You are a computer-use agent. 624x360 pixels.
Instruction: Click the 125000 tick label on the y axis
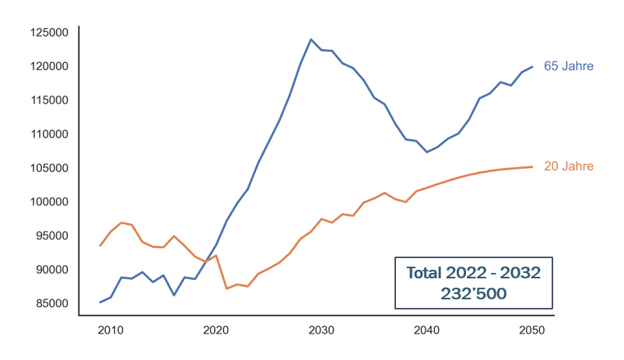pos(50,33)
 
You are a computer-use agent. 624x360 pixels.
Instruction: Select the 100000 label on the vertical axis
pos(50,202)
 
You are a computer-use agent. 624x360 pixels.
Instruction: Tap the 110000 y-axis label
pos(50,135)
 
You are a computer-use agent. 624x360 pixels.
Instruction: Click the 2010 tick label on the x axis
pos(110,330)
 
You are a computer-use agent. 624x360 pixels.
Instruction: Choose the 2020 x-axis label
pos(216,330)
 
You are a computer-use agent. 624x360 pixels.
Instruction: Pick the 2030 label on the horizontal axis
pos(321,330)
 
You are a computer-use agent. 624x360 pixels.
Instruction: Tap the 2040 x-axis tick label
pos(427,330)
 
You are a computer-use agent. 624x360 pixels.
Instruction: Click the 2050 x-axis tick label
pos(532,330)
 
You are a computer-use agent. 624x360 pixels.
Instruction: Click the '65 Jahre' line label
pos(568,67)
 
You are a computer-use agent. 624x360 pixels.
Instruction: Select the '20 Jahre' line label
pos(568,166)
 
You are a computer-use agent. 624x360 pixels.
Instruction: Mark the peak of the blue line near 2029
pos(311,39)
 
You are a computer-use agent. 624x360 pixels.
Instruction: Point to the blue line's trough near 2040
pos(426,152)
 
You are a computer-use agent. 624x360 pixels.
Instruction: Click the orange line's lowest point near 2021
pos(226,288)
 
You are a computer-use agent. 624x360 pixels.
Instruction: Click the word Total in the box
pos(426,273)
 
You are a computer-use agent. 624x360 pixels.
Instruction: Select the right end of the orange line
pos(532,166)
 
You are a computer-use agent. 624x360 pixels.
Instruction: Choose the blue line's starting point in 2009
pos(100,302)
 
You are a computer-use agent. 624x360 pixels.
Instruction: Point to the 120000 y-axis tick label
pos(50,67)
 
